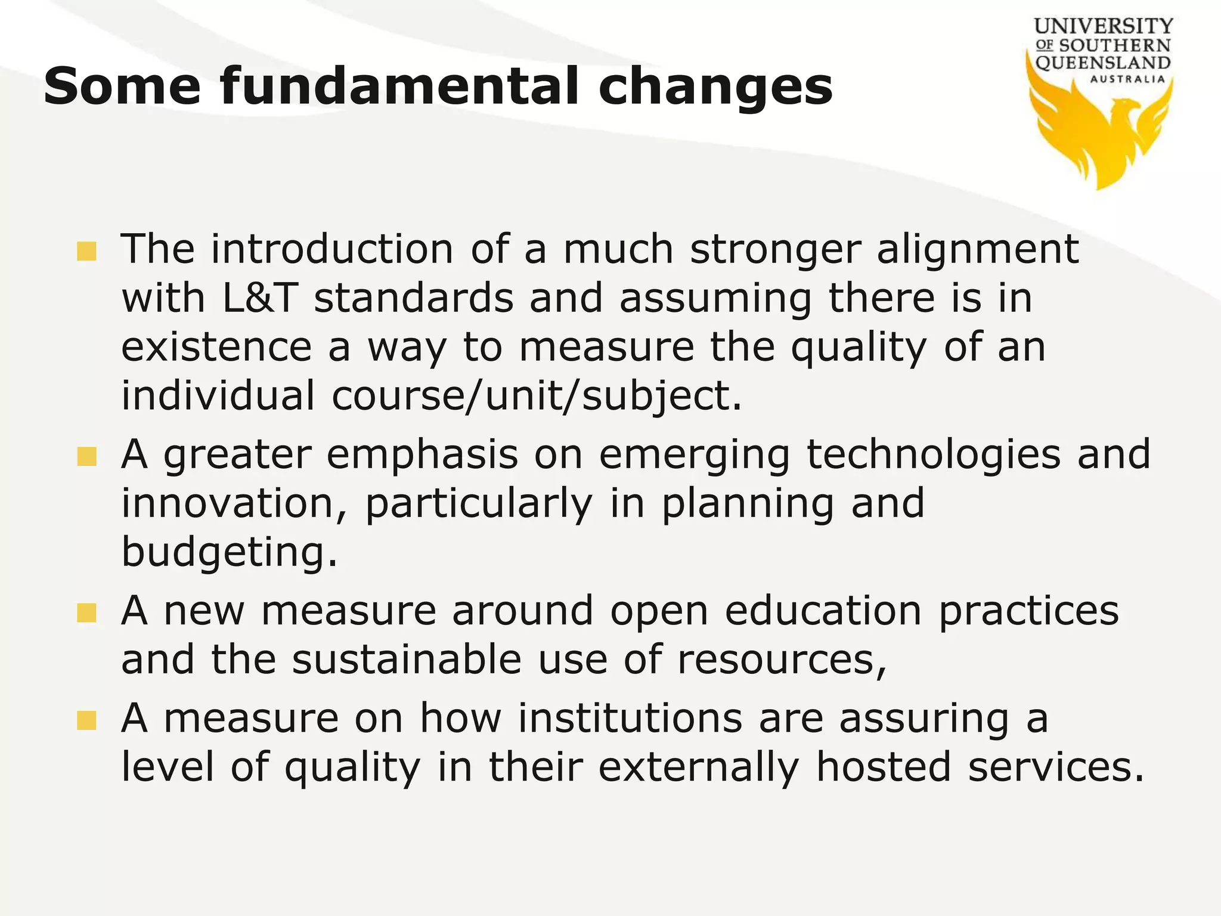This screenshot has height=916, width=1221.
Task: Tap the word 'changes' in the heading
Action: [715, 86]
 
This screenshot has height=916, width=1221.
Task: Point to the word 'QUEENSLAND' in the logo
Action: [1103, 63]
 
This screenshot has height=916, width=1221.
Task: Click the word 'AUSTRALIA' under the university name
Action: [1127, 79]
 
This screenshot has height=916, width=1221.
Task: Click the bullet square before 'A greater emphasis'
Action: [87, 457]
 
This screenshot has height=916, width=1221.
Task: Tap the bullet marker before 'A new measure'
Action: [87, 613]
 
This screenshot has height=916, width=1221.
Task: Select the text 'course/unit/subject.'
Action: [537, 397]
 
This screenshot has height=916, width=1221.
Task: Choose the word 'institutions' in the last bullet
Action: [630, 718]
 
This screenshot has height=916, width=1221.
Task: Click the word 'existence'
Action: [216, 348]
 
